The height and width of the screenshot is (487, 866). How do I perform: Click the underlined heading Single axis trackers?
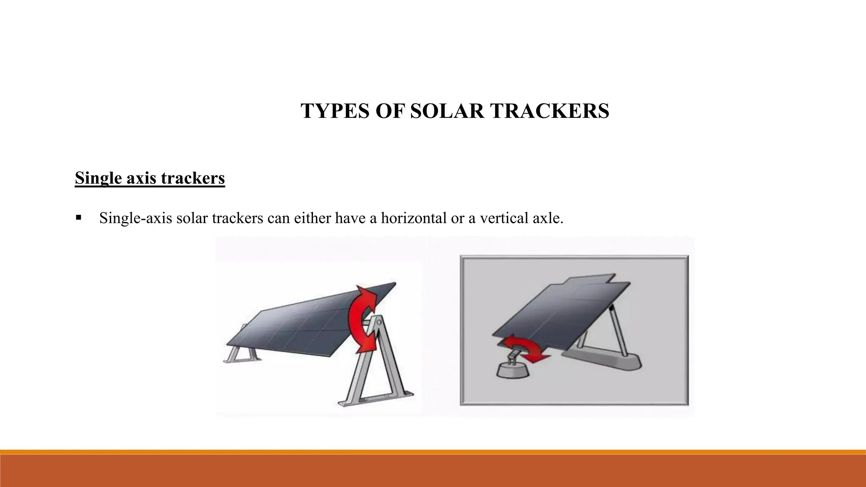150,178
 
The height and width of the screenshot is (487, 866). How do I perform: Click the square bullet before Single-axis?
79,218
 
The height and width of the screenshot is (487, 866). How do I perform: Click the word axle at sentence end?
548,218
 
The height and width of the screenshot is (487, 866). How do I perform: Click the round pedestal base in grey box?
512,371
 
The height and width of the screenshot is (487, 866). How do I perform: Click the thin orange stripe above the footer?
433,452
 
